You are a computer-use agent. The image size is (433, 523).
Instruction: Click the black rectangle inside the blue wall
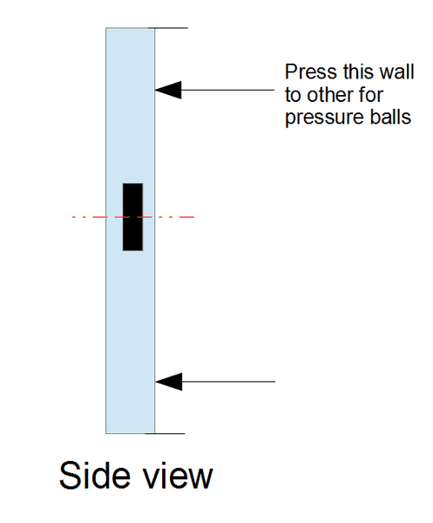[132, 217]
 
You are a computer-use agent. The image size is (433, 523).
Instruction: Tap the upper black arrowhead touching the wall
[168, 90]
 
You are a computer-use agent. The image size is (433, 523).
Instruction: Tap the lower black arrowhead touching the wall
[169, 382]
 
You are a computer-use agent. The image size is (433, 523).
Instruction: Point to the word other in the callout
[330, 95]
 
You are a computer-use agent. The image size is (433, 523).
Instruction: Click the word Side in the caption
[94, 475]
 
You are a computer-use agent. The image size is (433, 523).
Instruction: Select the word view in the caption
[178, 477]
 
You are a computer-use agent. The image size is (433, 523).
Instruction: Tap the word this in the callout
[359, 71]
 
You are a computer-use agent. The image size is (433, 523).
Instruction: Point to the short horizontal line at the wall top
[168, 28]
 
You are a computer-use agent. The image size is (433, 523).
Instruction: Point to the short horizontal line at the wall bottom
[165, 433]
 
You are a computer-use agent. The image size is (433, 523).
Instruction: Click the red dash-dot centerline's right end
[194, 217]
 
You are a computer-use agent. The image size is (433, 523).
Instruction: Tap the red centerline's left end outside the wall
[72, 217]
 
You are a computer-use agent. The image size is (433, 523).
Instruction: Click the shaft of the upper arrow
[227, 90]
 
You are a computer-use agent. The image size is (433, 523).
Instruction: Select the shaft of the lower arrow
[228, 382]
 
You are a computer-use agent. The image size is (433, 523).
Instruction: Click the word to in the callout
[293, 95]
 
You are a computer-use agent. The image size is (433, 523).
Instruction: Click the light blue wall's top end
[131, 29]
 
